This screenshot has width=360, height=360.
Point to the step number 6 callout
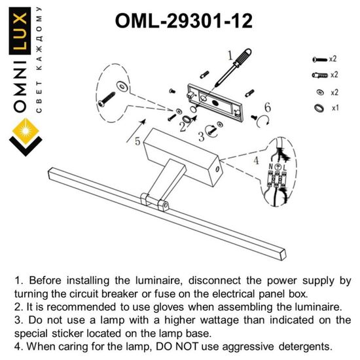coord(267,107)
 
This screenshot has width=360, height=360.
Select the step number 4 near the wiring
coord(256,160)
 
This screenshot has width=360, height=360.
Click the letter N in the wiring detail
coord(270,168)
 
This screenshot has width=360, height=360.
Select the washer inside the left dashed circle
coord(122,85)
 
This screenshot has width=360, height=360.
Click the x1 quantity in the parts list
coord(334,107)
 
